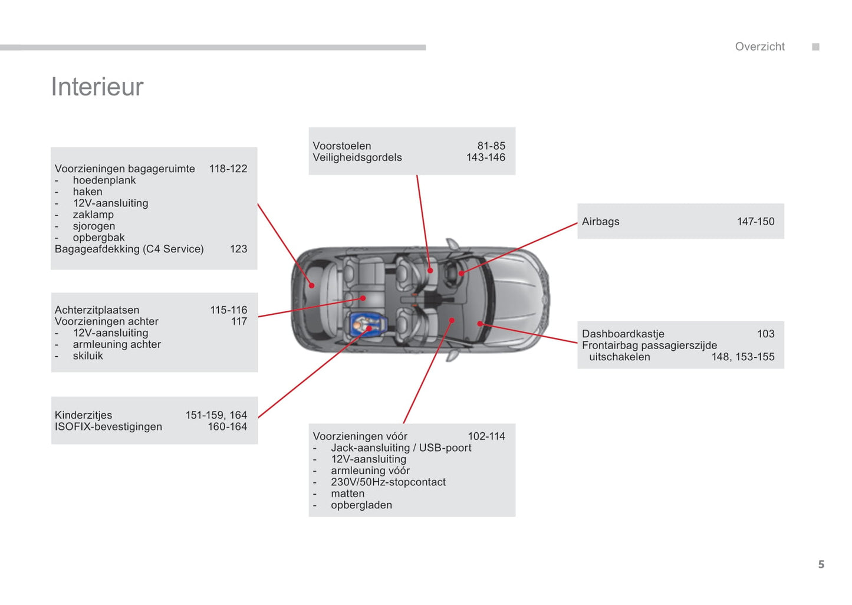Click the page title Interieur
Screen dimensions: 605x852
(97, 87)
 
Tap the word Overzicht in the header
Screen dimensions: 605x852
(759, 47)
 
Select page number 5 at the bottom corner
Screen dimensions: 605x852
(821, 564)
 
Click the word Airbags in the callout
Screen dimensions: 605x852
(600, 222)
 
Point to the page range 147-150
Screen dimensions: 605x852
(755, 222)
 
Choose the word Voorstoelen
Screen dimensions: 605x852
(342, 146)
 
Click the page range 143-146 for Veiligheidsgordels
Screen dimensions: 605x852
(485, 157)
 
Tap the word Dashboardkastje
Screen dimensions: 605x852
(623, 334)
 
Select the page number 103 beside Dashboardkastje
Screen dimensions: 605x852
(765, 334)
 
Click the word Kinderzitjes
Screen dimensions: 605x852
(83, 415)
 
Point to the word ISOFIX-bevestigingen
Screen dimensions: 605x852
(108, 427)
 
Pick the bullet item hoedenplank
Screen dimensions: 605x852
(104, 180)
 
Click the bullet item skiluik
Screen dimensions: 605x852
(88, 356)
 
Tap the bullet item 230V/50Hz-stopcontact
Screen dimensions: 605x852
(388, 482)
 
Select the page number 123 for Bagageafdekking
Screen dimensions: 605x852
(238, 249)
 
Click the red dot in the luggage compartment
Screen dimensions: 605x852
(312, 285)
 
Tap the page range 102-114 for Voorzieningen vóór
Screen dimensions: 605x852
(486, 436)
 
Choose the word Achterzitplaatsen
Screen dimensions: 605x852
(97, 310)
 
